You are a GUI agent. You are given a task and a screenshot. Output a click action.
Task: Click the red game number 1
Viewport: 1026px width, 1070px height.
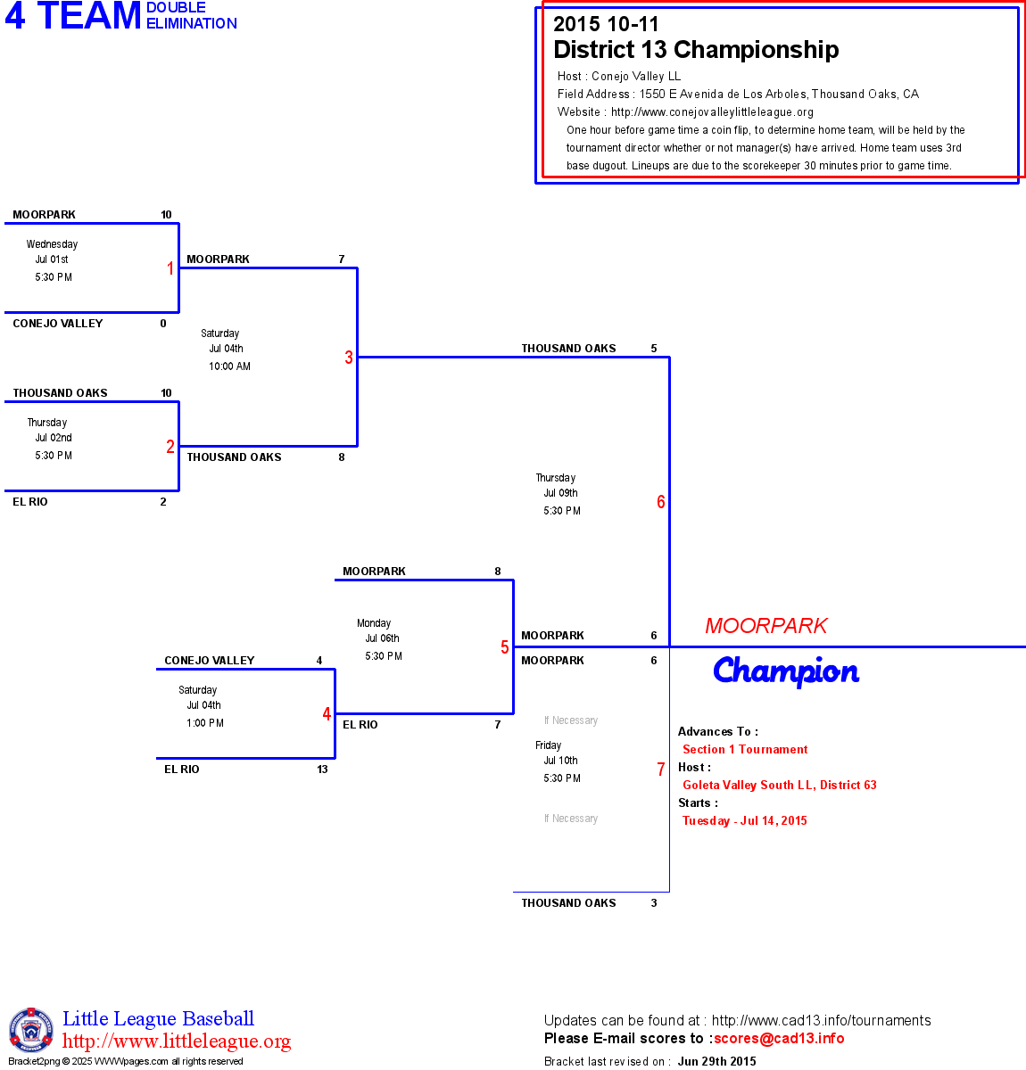[170, 268]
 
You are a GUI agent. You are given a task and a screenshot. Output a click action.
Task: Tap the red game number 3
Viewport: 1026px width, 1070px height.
[349, 358]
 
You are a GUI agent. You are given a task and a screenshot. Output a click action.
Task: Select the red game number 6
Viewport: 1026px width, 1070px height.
[661, 502]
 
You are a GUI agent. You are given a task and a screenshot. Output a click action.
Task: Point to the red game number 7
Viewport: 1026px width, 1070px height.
[661, 770]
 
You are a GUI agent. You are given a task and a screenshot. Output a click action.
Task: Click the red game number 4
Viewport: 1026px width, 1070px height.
[327, 714]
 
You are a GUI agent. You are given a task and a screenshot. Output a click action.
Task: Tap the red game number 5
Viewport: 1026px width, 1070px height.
[505, 647]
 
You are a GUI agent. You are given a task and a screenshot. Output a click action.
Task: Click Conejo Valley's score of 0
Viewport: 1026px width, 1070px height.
[163, 324]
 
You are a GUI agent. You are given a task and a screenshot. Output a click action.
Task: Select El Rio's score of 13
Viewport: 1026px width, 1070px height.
[322, 770]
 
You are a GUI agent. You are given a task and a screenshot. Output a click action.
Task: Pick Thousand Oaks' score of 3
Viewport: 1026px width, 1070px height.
[654, 903]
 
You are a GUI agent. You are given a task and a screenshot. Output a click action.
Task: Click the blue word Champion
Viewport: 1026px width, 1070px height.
[786, 671]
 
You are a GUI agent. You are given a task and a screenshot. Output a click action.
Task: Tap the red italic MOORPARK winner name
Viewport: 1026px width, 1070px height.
[766, 626]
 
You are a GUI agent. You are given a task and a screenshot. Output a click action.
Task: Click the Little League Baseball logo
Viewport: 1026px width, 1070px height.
[31, 1030]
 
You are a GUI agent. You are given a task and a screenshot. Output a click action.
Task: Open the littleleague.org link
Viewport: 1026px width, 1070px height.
[177, 1041]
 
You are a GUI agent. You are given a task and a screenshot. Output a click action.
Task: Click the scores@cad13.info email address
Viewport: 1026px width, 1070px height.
[779, 1038]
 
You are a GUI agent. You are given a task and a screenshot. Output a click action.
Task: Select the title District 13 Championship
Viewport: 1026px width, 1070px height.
[696, 50]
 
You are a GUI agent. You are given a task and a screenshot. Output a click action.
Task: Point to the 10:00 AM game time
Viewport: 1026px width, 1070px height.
[230, 366]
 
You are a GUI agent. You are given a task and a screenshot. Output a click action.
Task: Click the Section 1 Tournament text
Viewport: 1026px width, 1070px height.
[745, 750]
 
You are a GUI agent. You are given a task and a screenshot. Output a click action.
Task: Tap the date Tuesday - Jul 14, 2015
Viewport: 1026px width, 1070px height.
[745, 821]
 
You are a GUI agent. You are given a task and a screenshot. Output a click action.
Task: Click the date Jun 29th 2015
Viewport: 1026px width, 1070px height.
[716, 1061]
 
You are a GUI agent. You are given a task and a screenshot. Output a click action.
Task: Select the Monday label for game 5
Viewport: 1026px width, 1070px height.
[374, 623]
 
